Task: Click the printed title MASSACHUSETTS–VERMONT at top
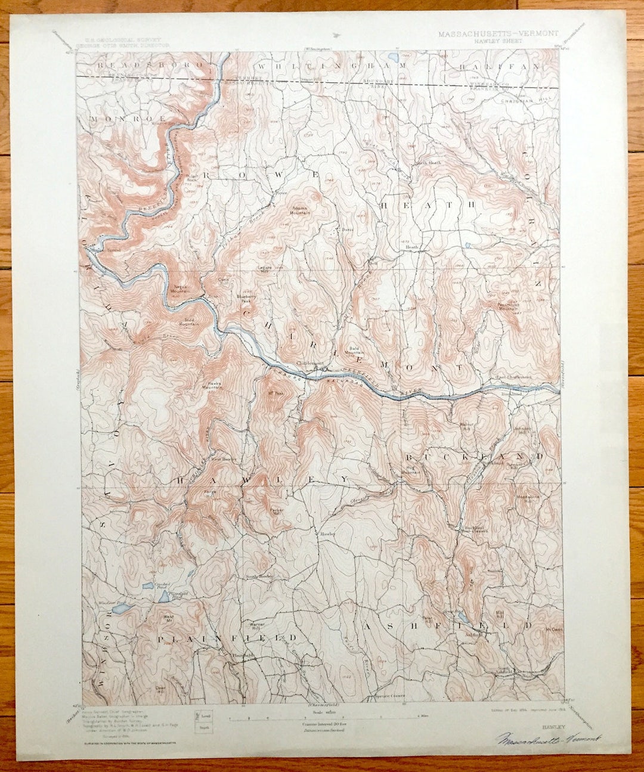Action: pyautogui.click(x=499, y=34)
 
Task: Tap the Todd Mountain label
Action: pyautogui.click(x=190, y=323)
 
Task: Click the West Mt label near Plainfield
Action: pyautogui.click(x=169, y=619)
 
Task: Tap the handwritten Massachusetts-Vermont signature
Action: pyautogui.click(x=549, y=739)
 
